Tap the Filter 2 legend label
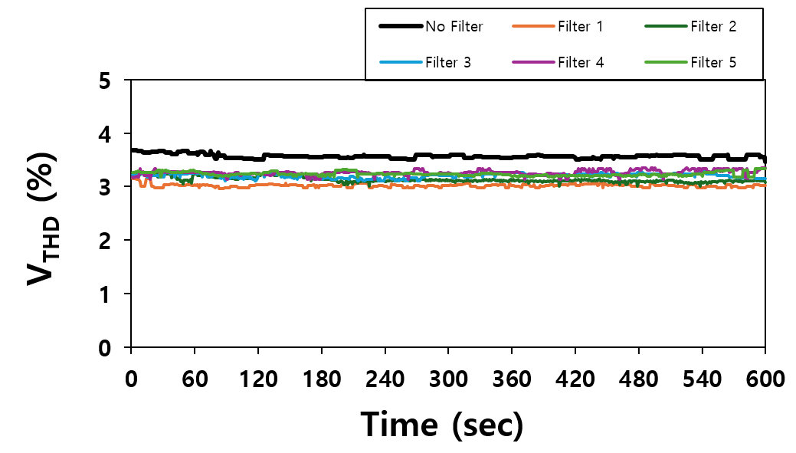tap(713, 27)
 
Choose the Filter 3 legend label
tap(448, 62)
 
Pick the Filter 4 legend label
tap(581, 62)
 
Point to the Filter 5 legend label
tap(713, 62)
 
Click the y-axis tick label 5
tap(105, 80)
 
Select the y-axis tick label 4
tap(105, 134)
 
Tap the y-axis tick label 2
tap(105, 241)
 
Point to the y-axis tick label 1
tap(105, 294)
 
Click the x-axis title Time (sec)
tap(442, 424)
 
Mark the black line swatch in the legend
tap(401, 27)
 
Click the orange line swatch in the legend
tap(532, 27)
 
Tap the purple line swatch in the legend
tap(532, 62)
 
